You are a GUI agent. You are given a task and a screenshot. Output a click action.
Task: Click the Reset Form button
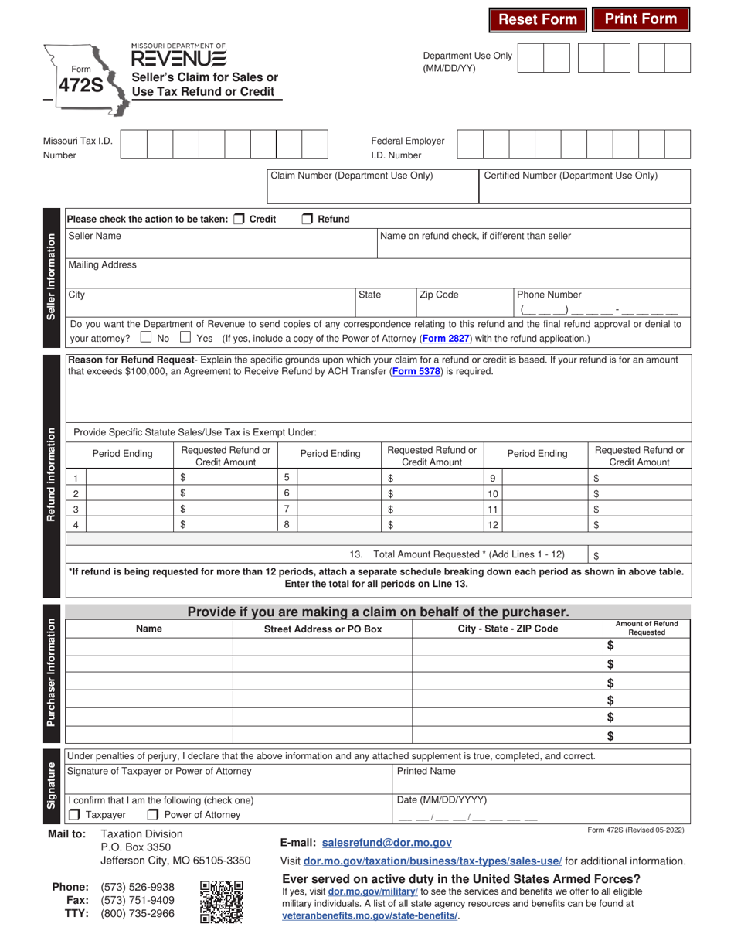pos(538,19)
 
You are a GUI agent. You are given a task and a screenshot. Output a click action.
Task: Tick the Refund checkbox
pos(307,219)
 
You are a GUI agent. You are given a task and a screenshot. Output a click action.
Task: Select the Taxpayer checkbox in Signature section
pos(73,814)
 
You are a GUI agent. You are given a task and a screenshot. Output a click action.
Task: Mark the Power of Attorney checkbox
pos(153,814)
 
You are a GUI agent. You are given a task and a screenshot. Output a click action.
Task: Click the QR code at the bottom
pos(221,902)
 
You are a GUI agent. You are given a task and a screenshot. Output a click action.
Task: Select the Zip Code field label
pos(438,295)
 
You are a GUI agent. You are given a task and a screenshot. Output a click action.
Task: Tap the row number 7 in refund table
pos(287,509)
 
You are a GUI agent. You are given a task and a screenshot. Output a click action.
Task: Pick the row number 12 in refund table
pos(492,524)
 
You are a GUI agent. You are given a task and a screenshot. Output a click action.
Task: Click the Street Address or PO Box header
pos(323,629)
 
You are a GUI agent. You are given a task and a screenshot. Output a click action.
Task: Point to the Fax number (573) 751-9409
pos(138,899)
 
